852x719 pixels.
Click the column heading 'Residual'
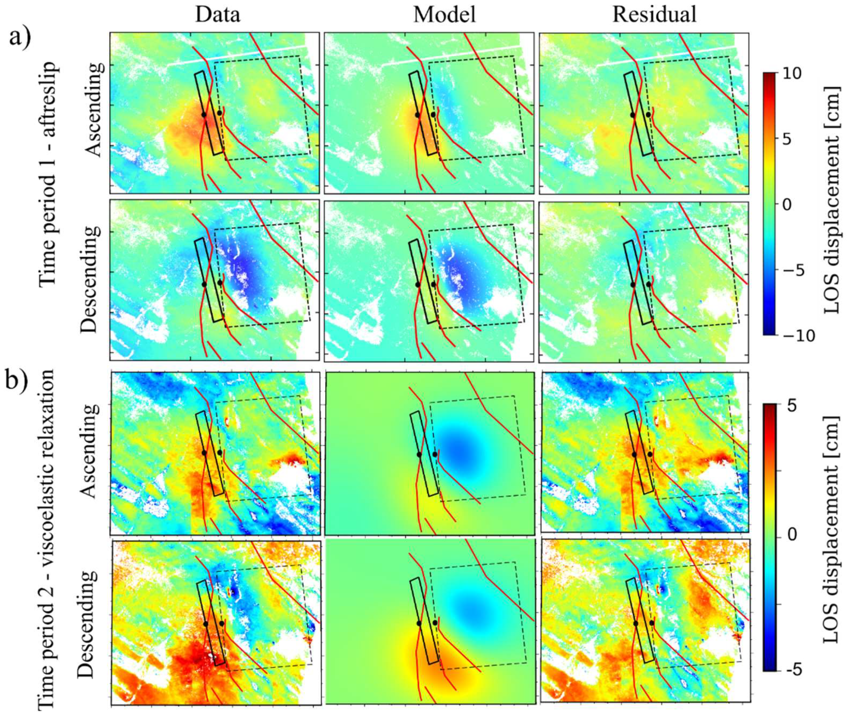pos(654,15)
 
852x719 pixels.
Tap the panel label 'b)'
pos(20,381)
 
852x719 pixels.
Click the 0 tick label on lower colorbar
pos(792,535)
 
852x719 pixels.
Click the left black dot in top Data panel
pos(204,115)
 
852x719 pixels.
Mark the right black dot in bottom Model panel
pos(435,623)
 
